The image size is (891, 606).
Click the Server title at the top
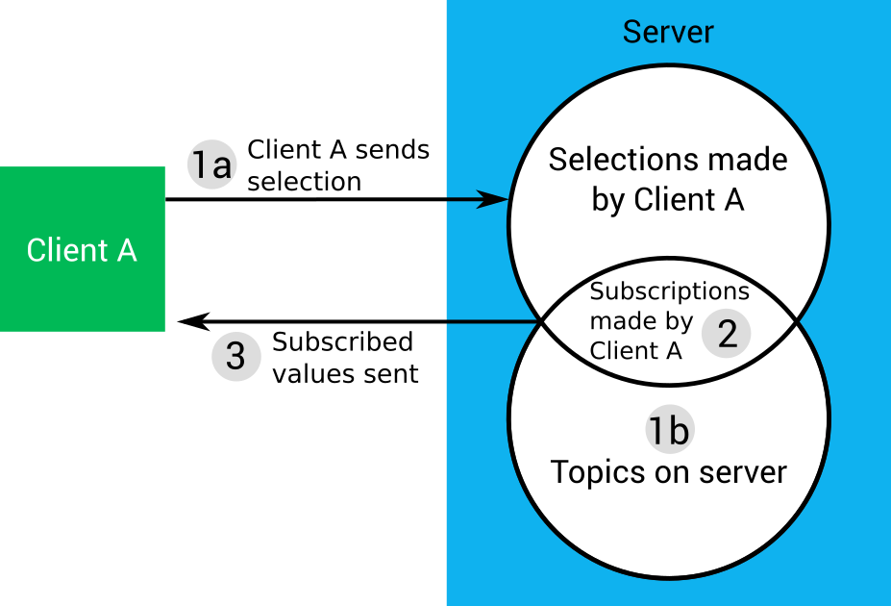668,32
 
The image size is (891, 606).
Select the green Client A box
82,249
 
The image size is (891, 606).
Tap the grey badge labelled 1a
211,164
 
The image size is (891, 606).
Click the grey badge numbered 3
235,357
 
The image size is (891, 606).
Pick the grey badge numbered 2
727,334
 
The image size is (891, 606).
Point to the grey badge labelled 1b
668,431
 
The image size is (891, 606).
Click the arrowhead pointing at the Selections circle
494,200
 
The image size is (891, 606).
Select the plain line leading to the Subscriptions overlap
490,322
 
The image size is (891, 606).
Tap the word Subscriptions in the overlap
669,290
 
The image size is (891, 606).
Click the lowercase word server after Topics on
744,472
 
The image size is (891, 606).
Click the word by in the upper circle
606,201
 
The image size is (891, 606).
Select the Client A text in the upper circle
689,200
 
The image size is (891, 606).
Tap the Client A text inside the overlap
635,350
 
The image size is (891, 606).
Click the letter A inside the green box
126,250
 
